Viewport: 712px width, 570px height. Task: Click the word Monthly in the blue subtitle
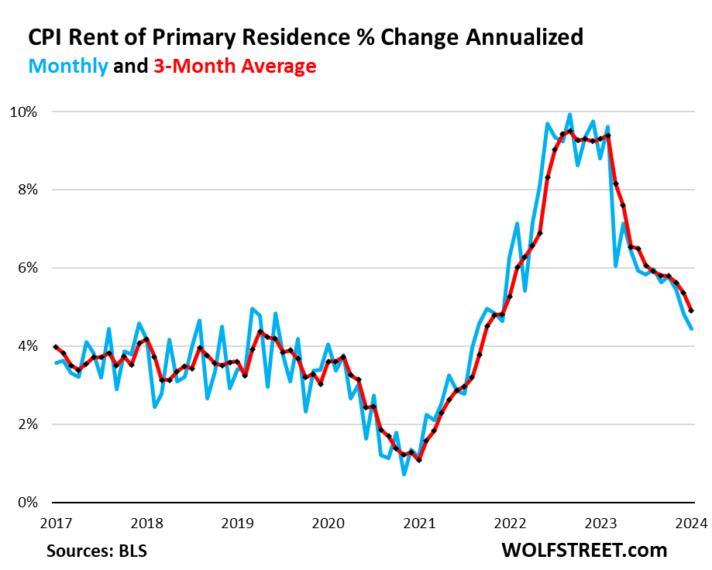[68, 67]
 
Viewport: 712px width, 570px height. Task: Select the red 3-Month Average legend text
[234, 67]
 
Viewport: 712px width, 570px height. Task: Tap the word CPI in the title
[48, 37]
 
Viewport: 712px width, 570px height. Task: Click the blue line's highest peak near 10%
[569, 115]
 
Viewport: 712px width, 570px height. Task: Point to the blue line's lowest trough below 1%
[404, 473]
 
